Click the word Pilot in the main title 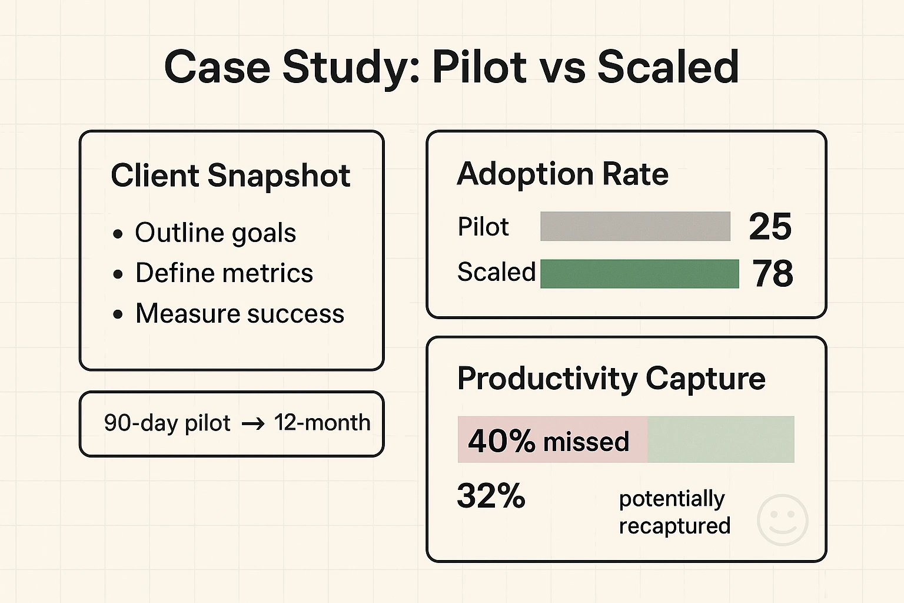[480, 67]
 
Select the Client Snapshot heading [230, 175]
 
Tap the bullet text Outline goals [215, 233]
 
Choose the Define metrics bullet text [224, 273]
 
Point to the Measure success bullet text [240, 313]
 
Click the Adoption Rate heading [563, 174]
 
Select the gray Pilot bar [635, 227]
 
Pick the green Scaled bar [639, 274]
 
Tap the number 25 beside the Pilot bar [770, 227]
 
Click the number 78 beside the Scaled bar [773, 274]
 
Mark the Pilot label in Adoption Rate [483, 227]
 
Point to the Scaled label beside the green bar [496, 272]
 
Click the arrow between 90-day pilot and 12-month [253, 424]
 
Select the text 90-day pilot [167, 423]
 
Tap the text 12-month [322, 423]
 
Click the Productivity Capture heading [611, 378]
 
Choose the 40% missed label [549, 440]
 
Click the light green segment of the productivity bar [720, 439]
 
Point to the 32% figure [491, 496]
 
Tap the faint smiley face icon [782, 520]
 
